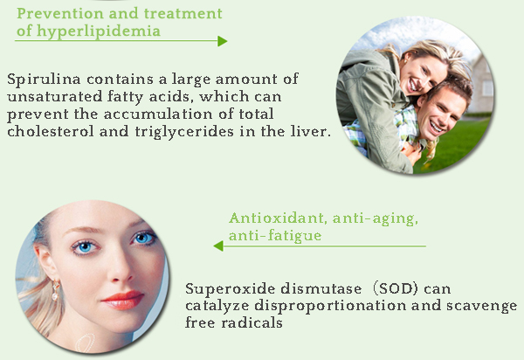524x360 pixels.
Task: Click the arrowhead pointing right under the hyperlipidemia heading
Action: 222,41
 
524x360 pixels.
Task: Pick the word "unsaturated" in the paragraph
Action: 49,95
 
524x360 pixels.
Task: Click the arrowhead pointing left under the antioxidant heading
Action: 218,246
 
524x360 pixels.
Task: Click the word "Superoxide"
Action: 224,288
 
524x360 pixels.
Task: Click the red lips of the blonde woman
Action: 121,300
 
